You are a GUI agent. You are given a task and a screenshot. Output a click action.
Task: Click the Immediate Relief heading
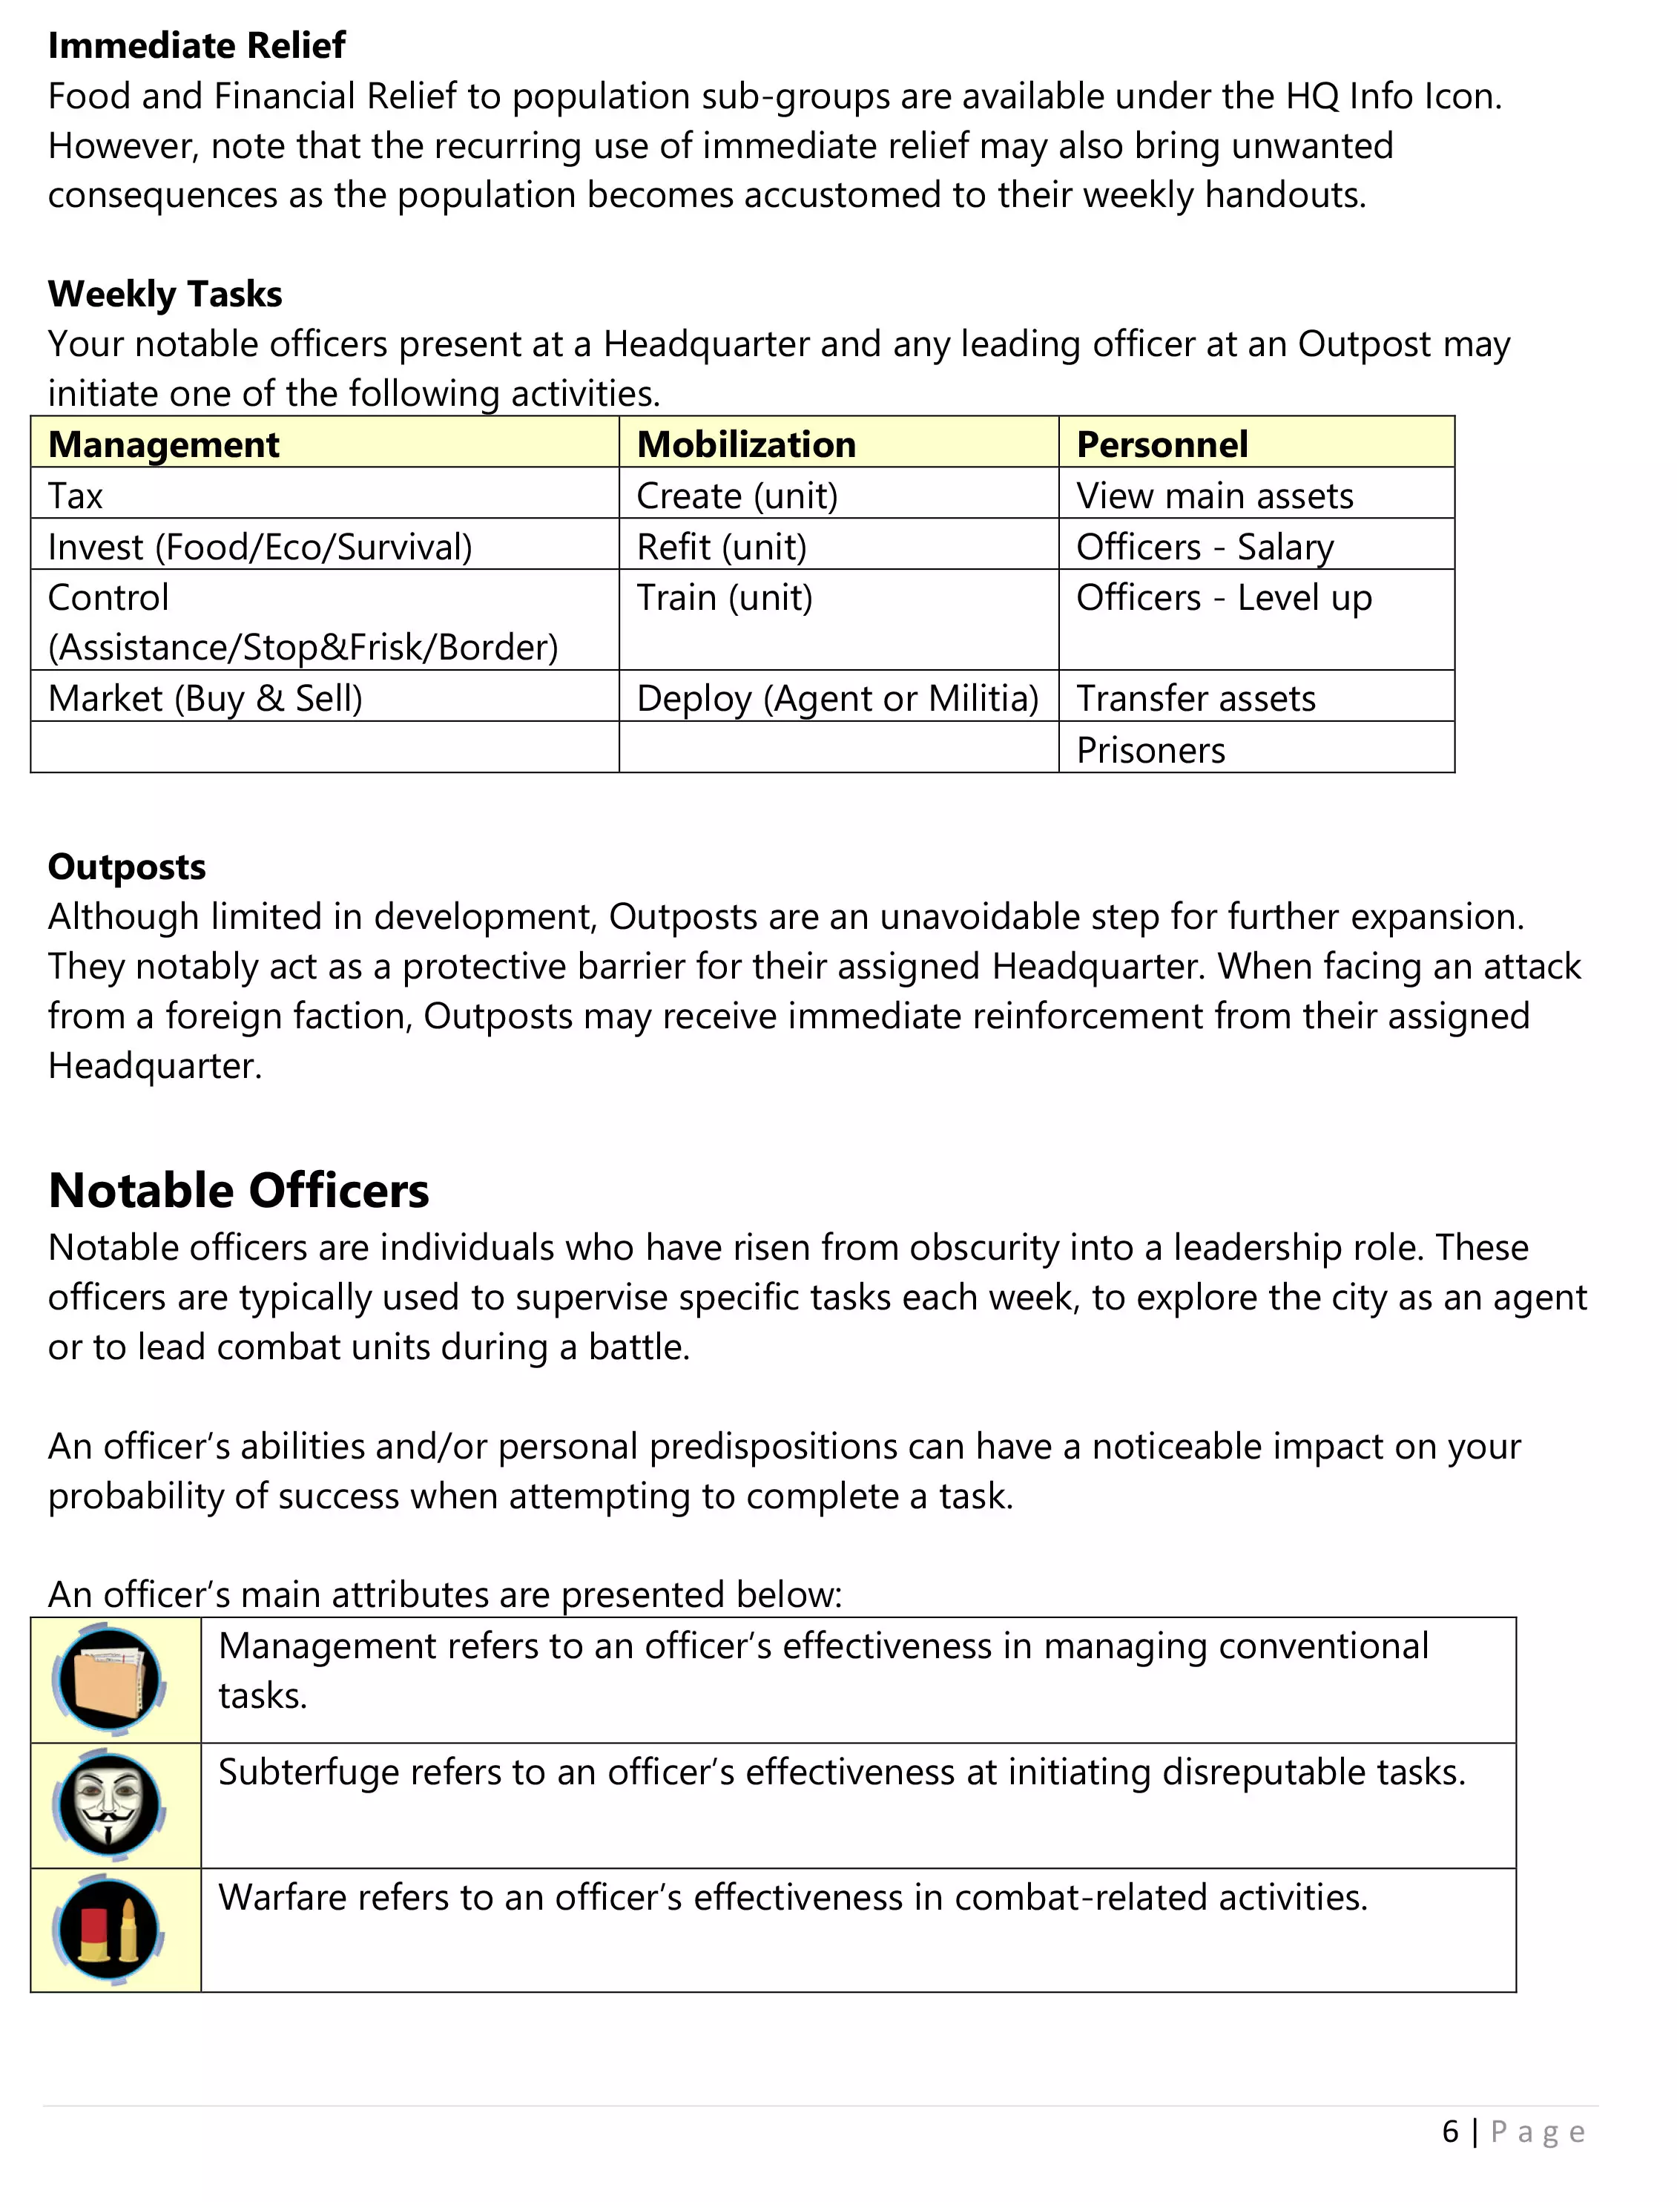tap(197, 46)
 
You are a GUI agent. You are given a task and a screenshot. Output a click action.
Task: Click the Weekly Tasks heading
tap(165, 295)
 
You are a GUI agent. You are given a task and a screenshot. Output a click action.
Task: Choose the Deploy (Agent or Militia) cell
tap(837, 698)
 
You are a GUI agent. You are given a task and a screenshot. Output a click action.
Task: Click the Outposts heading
tap(127, 867)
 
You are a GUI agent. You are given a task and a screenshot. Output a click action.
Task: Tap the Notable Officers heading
tap(239, 1190)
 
